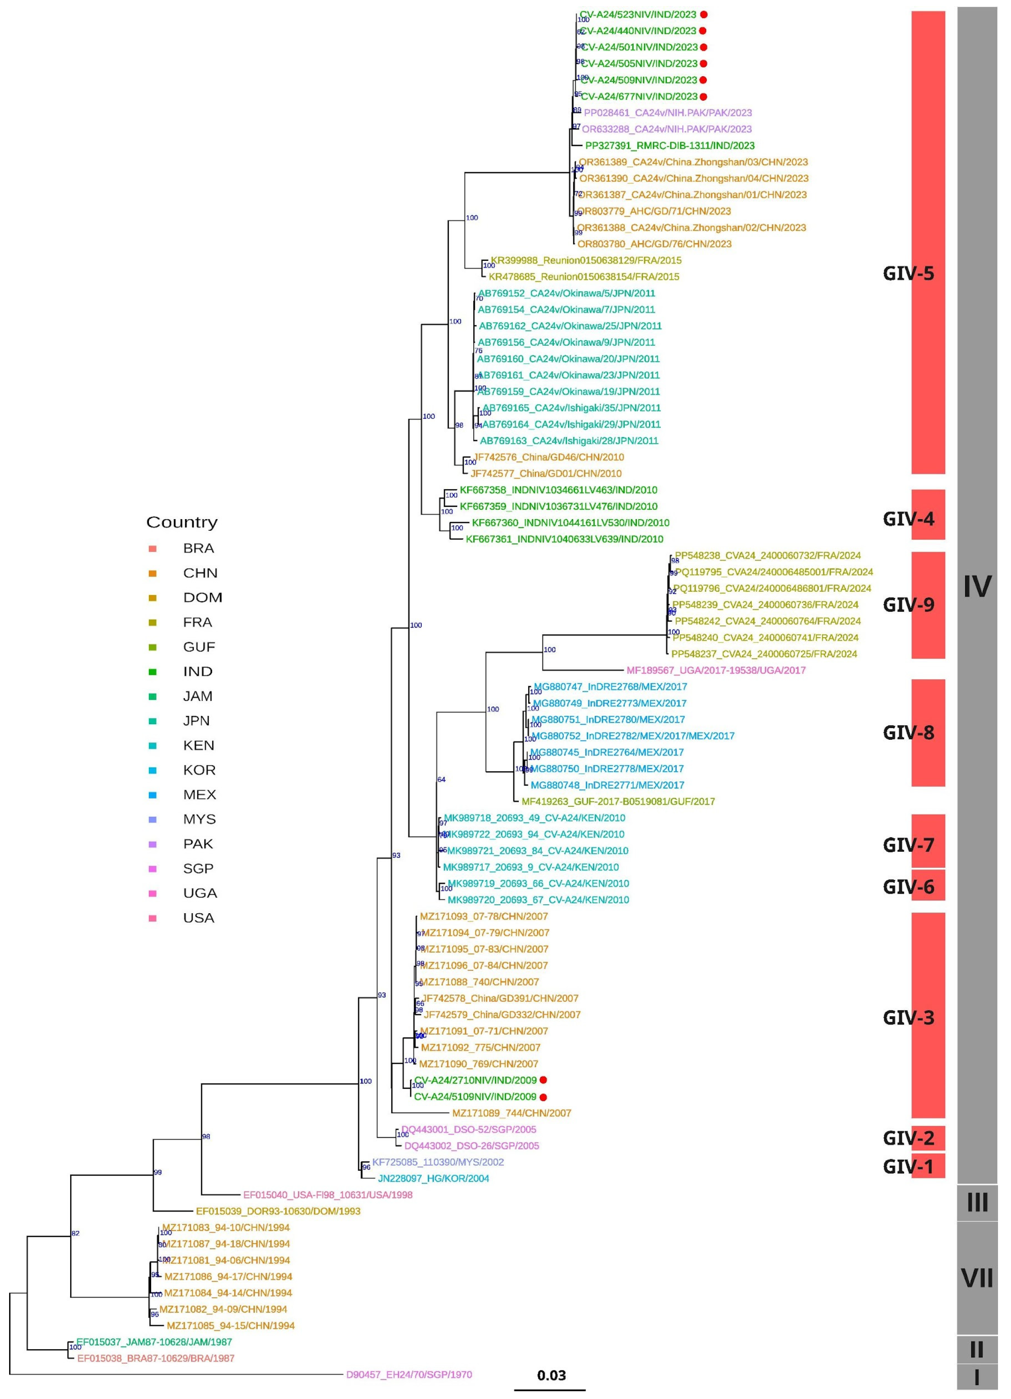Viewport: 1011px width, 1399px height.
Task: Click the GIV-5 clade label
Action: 908,273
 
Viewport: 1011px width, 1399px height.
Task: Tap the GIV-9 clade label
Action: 908,604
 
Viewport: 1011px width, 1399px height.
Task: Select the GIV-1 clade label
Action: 908,1166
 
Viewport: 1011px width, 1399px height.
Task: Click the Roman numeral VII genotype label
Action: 977,1279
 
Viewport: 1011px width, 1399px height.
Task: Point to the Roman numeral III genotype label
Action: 977,1202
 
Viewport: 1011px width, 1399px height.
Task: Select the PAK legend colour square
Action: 152,844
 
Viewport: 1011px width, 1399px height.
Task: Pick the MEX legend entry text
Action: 199,795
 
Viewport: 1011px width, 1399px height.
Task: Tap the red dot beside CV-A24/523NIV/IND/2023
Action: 703,14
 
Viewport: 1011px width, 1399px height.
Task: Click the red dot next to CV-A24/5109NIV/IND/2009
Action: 544,1097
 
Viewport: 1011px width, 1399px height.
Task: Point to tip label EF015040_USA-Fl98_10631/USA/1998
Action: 327,1195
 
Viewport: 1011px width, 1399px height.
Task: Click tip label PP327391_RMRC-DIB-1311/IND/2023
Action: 670,146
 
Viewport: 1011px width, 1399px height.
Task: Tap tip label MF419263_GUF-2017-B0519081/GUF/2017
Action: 618,801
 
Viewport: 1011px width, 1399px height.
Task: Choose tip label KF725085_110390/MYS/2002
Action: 438,1162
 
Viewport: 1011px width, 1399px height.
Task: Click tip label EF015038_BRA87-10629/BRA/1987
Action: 155,1358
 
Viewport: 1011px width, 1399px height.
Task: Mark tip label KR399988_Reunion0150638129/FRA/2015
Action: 586,260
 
